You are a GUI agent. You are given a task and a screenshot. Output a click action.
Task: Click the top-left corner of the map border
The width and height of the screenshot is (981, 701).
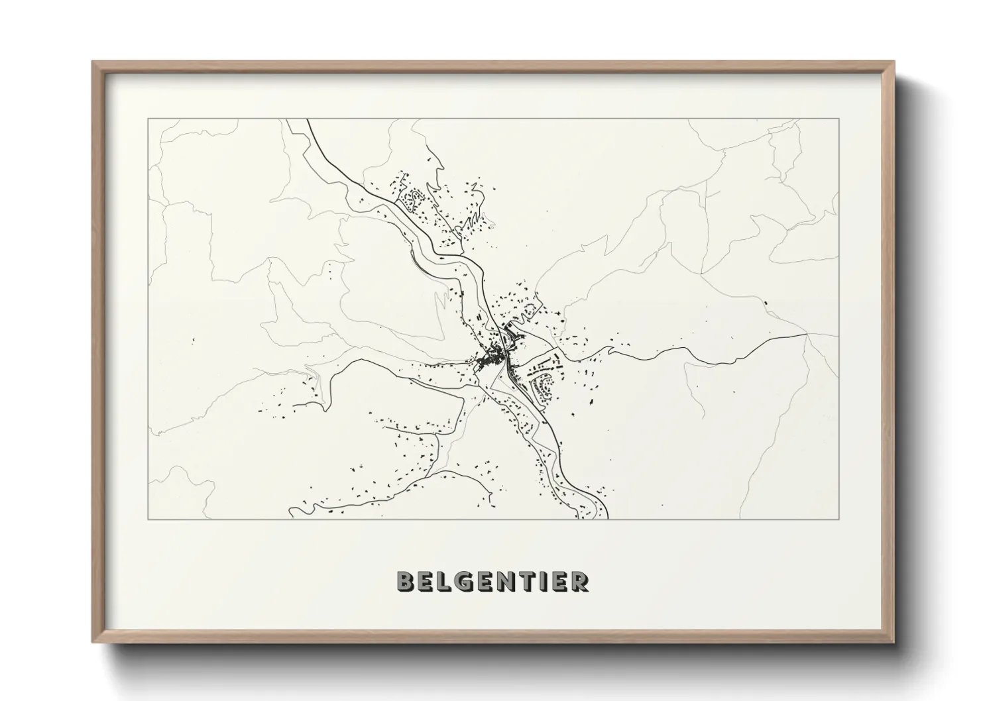pos(148,119)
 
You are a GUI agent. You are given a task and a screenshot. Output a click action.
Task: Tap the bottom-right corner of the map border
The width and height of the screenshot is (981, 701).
pos(839,519)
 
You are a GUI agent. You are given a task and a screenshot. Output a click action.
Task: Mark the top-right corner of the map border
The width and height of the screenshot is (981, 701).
pos(839,119)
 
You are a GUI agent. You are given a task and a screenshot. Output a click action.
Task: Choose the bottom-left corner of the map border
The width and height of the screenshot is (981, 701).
pos(148,519)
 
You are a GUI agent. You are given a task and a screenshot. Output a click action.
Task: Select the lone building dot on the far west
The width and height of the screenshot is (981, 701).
pos(193,341)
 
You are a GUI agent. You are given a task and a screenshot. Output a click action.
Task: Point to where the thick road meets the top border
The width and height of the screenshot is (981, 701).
pos(307,120)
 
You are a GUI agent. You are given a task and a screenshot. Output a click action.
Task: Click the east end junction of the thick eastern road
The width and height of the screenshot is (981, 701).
pos(807,335)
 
